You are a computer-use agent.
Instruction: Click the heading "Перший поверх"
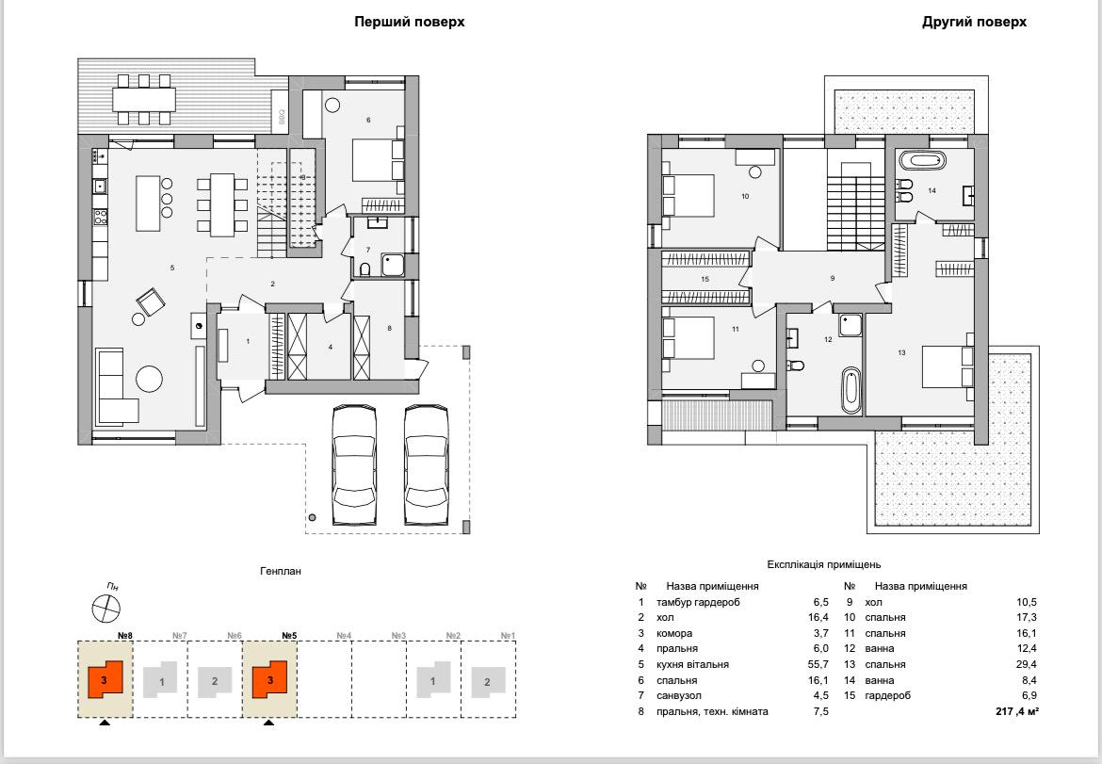click(409, 22)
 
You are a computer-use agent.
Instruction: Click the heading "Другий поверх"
click(974, 22)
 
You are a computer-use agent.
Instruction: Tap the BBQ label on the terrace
click(281, 117)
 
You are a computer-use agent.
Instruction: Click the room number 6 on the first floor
click(368, 121)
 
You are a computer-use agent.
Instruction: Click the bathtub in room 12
click(851, 391)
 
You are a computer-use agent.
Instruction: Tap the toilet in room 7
click(365, 269)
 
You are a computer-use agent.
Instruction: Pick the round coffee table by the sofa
click(149, 379)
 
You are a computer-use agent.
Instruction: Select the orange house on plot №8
click(105, 679)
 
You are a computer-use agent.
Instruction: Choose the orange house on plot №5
click(270, 679)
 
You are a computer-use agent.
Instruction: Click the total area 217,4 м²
click(1017, 711)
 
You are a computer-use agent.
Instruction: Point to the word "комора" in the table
click(674, 633)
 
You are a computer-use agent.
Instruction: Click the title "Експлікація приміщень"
click(824, 564)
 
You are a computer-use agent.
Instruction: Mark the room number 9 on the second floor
click(832, 278)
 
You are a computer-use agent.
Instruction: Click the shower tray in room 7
click(393, 265)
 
